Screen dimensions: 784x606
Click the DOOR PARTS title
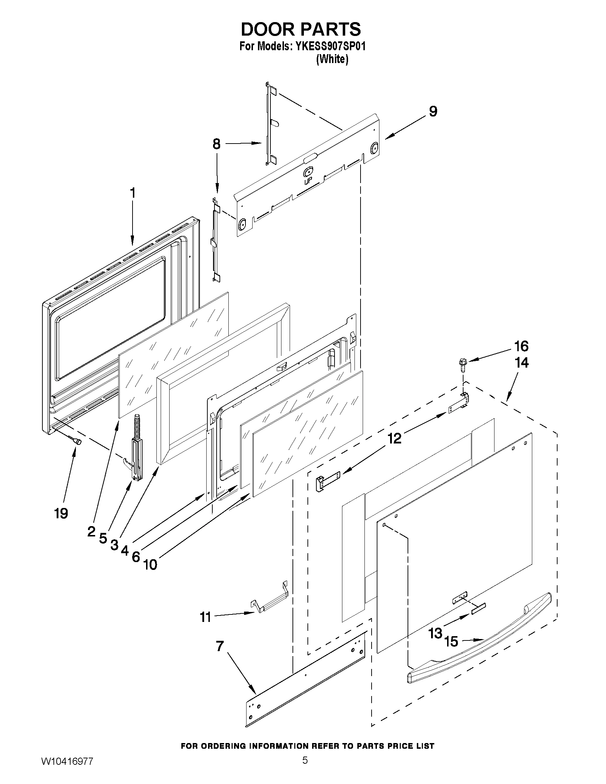(x=300, y=29)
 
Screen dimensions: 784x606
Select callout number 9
(x=433, y=111)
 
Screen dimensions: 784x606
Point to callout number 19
(x=61, y=514)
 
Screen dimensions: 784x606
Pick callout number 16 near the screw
(x=521, y=347)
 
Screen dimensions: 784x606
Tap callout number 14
(x=522, y=363)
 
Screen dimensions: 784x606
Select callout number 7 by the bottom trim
(x=220, y=647)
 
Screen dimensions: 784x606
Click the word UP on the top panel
(x=307, y=182)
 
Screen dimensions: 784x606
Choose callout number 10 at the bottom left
(x=150, y=565)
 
